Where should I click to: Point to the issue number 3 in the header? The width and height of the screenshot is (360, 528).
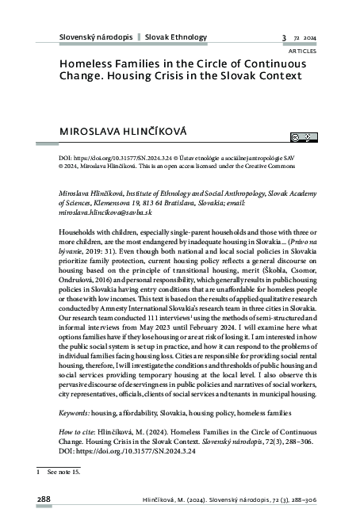tap(283, 38)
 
